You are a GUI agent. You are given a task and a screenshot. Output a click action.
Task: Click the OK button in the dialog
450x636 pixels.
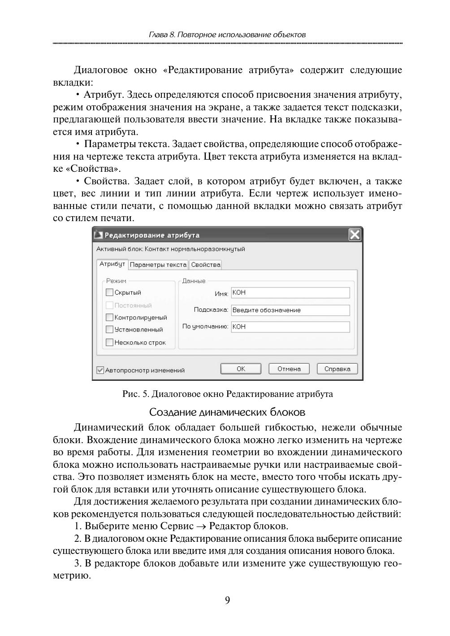coord(241,369)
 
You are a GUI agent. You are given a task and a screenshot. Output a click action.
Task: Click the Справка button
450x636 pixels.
coord(337,369)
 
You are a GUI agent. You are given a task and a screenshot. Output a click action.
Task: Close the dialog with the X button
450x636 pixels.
coord(355,235)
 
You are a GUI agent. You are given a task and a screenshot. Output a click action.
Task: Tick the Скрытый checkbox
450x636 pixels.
coord(110,292)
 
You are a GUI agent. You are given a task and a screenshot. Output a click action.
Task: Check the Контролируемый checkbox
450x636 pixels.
coord(110,318)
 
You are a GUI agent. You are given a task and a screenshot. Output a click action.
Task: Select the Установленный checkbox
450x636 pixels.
coord(110,330)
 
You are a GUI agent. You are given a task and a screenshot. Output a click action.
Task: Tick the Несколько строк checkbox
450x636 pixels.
coord(110,343)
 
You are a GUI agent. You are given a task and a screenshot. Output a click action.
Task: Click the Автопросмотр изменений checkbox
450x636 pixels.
coord(100,370)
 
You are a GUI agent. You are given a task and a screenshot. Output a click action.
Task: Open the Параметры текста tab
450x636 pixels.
coord(158,265)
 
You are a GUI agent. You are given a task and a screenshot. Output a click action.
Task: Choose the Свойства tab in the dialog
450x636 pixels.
coord(206,265)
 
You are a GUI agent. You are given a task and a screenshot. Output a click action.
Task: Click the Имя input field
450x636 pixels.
coord(290,293)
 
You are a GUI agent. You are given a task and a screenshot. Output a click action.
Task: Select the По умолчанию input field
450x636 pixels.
coord(290,327)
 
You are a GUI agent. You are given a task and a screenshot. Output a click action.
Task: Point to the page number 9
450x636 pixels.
coord(227,601)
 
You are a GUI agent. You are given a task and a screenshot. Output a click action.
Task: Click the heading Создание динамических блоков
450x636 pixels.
coord(227,411)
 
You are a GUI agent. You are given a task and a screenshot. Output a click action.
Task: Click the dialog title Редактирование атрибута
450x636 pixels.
coord(152,235)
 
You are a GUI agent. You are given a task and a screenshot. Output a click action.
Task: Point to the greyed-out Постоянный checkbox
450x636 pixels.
coord(110,305)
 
